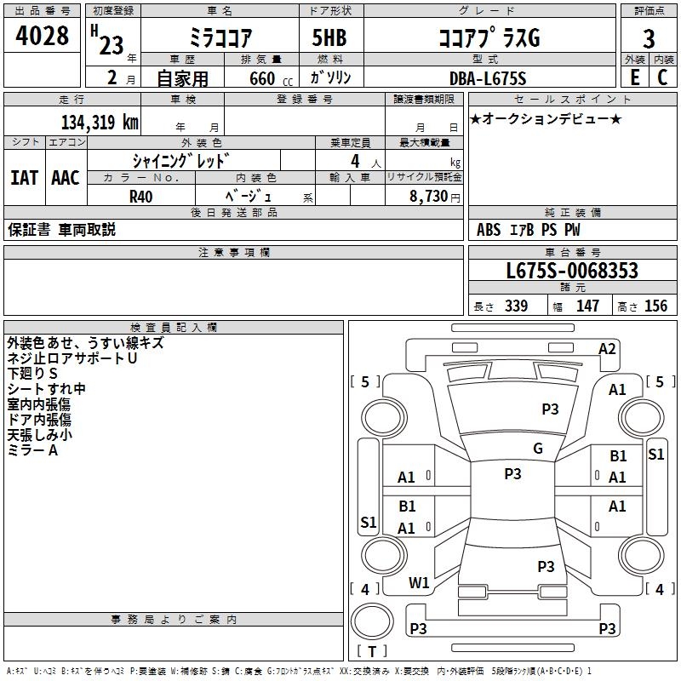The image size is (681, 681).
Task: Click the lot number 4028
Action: pos(42,36)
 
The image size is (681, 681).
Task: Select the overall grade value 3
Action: pos(649,39)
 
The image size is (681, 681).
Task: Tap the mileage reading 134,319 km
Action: pos(100,123)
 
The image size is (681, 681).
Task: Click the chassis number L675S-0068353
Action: pos(572,271)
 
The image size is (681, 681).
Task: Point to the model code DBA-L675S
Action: pos(488,78)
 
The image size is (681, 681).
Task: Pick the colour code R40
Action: pos(140,197)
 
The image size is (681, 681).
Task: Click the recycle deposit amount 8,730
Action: pos(428,197)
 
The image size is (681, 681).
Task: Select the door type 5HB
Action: pos(329,37)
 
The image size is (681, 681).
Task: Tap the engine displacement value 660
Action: pos(262,78)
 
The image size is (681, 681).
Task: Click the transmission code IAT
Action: pos(25,178)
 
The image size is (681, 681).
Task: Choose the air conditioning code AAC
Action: pos(66,178)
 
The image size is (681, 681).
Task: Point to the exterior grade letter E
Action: pos(635,77)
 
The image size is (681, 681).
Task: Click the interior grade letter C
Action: pos(662,77)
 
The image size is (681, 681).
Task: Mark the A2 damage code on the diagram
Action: pos(607,349)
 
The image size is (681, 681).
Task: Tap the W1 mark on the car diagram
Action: pos(419,582)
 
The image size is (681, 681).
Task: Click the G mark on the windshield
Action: pos(538,449)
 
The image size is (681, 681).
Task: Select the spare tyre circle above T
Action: pos(372,621)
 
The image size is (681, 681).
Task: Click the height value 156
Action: pos(655,306)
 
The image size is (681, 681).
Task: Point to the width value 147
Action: pos(587,306)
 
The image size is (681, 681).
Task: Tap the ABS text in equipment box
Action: pos(489,230)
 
